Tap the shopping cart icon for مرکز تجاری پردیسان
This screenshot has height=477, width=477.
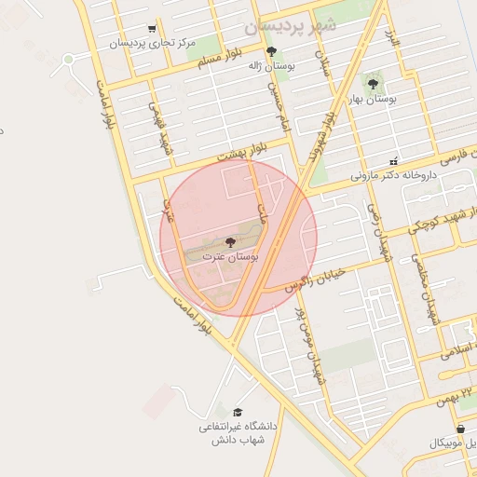(x=152, y=30)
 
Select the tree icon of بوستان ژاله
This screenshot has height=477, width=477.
(x=271, y=52)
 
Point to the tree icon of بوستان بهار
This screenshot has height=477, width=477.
(x=373, y=84)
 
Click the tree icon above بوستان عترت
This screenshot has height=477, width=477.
(x=230, y=242)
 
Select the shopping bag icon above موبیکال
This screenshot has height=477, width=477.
(x=460, y=429)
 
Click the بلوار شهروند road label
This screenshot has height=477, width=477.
(x=318, y=141)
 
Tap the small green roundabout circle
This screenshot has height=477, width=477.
(x=68, y=61)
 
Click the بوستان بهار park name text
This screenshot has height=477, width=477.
(x=374, y=98)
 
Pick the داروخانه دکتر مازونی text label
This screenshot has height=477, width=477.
(x=394, y=174)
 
